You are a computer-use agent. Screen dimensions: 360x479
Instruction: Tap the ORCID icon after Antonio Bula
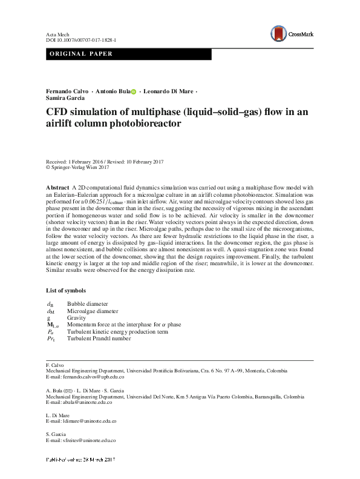pos(134,91)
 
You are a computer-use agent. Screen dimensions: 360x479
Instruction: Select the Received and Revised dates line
pos(105,162)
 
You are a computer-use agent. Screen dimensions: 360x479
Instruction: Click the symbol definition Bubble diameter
pos(88,303)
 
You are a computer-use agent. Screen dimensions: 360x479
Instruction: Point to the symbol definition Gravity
pos(76,317)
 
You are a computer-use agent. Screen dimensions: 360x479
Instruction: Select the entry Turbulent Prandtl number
pos(99,339)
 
